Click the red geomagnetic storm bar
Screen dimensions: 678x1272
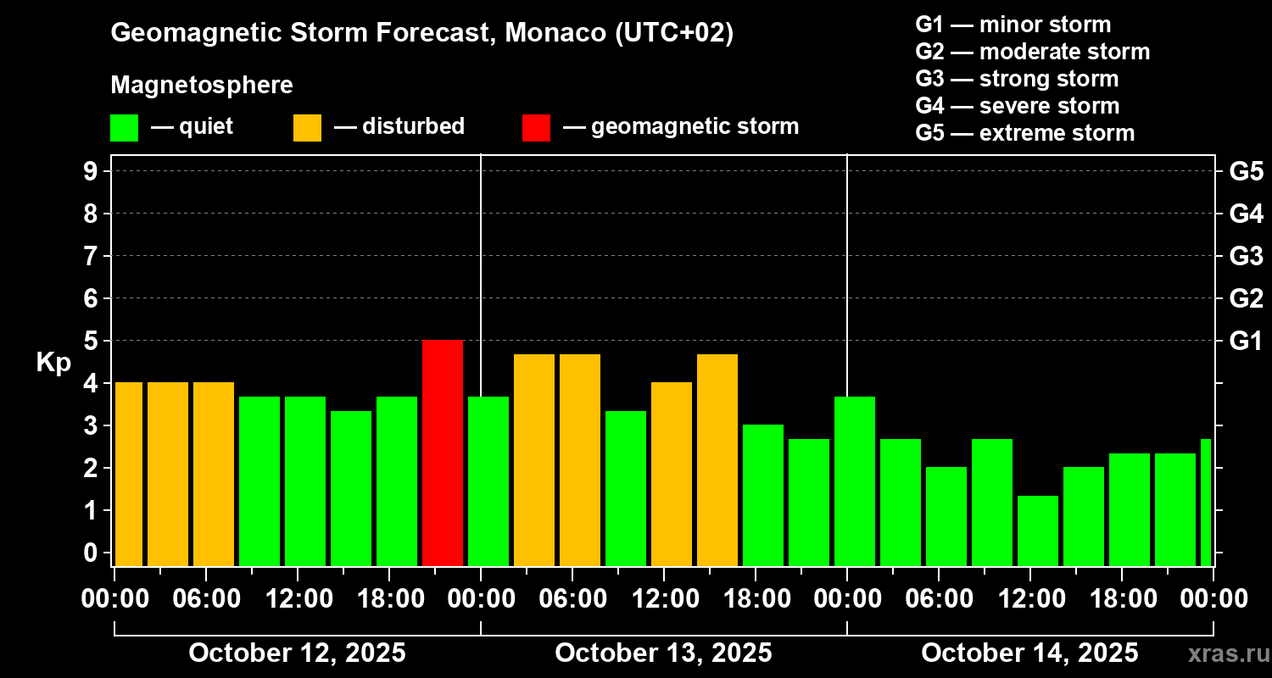(x=443, y=453)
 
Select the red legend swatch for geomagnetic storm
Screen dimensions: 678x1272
(x=536, y=127)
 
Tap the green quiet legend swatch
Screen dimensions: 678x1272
(x=124, y=127)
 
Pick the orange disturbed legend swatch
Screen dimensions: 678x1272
(x=307, y=127)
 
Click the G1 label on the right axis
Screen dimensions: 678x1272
(x=1246, y=341)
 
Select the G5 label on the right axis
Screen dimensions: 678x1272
(x=1246, y=171)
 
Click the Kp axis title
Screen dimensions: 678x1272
(x=53, y=362)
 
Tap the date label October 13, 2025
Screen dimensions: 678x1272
(x=663, y=653)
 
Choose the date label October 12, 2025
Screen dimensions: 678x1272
(x=297, y=653)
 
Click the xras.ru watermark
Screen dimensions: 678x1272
(x=1226, y=653)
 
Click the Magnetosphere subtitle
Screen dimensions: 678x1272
(x=202, y=86)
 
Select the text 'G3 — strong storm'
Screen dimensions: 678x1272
(x=1017, y=79)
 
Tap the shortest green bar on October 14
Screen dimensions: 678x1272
(x=1038, y=531)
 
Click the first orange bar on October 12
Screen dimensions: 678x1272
(x=129, y=474)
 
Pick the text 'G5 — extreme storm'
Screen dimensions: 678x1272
(x=1024, y=133)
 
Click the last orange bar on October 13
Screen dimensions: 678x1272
(x=717, y=459)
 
